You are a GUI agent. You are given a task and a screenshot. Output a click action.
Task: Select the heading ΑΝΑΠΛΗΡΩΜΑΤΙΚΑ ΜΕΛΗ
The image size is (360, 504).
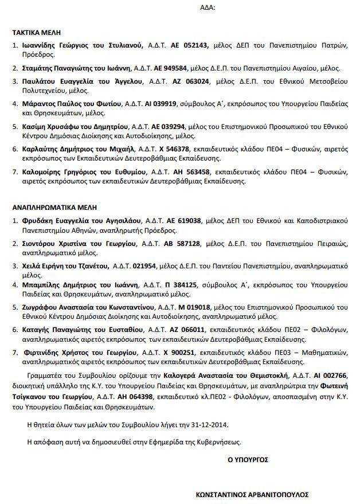click(x=54, y=206)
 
